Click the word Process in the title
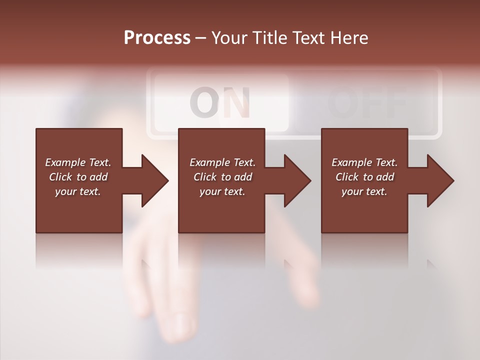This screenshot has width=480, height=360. (x=157, y=37)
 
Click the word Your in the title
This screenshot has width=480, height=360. (x=229, y=37)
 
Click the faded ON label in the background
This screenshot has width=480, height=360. (x=220, y=102)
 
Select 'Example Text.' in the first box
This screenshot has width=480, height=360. (x=78, y=162)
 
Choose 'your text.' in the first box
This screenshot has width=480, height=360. (x=78, y=191)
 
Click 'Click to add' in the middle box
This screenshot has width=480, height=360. (x=222, y=177)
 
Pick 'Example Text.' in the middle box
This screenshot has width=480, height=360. (x=222, y=162)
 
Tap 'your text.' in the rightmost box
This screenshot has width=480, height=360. (x=364, y=191)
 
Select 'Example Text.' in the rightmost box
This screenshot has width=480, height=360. (x=364, y=162)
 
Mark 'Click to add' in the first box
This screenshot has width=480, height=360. (x=78, y=177)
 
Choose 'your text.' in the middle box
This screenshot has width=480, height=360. (x=222, y=191)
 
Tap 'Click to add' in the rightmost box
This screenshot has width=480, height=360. (x=364, y=177)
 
